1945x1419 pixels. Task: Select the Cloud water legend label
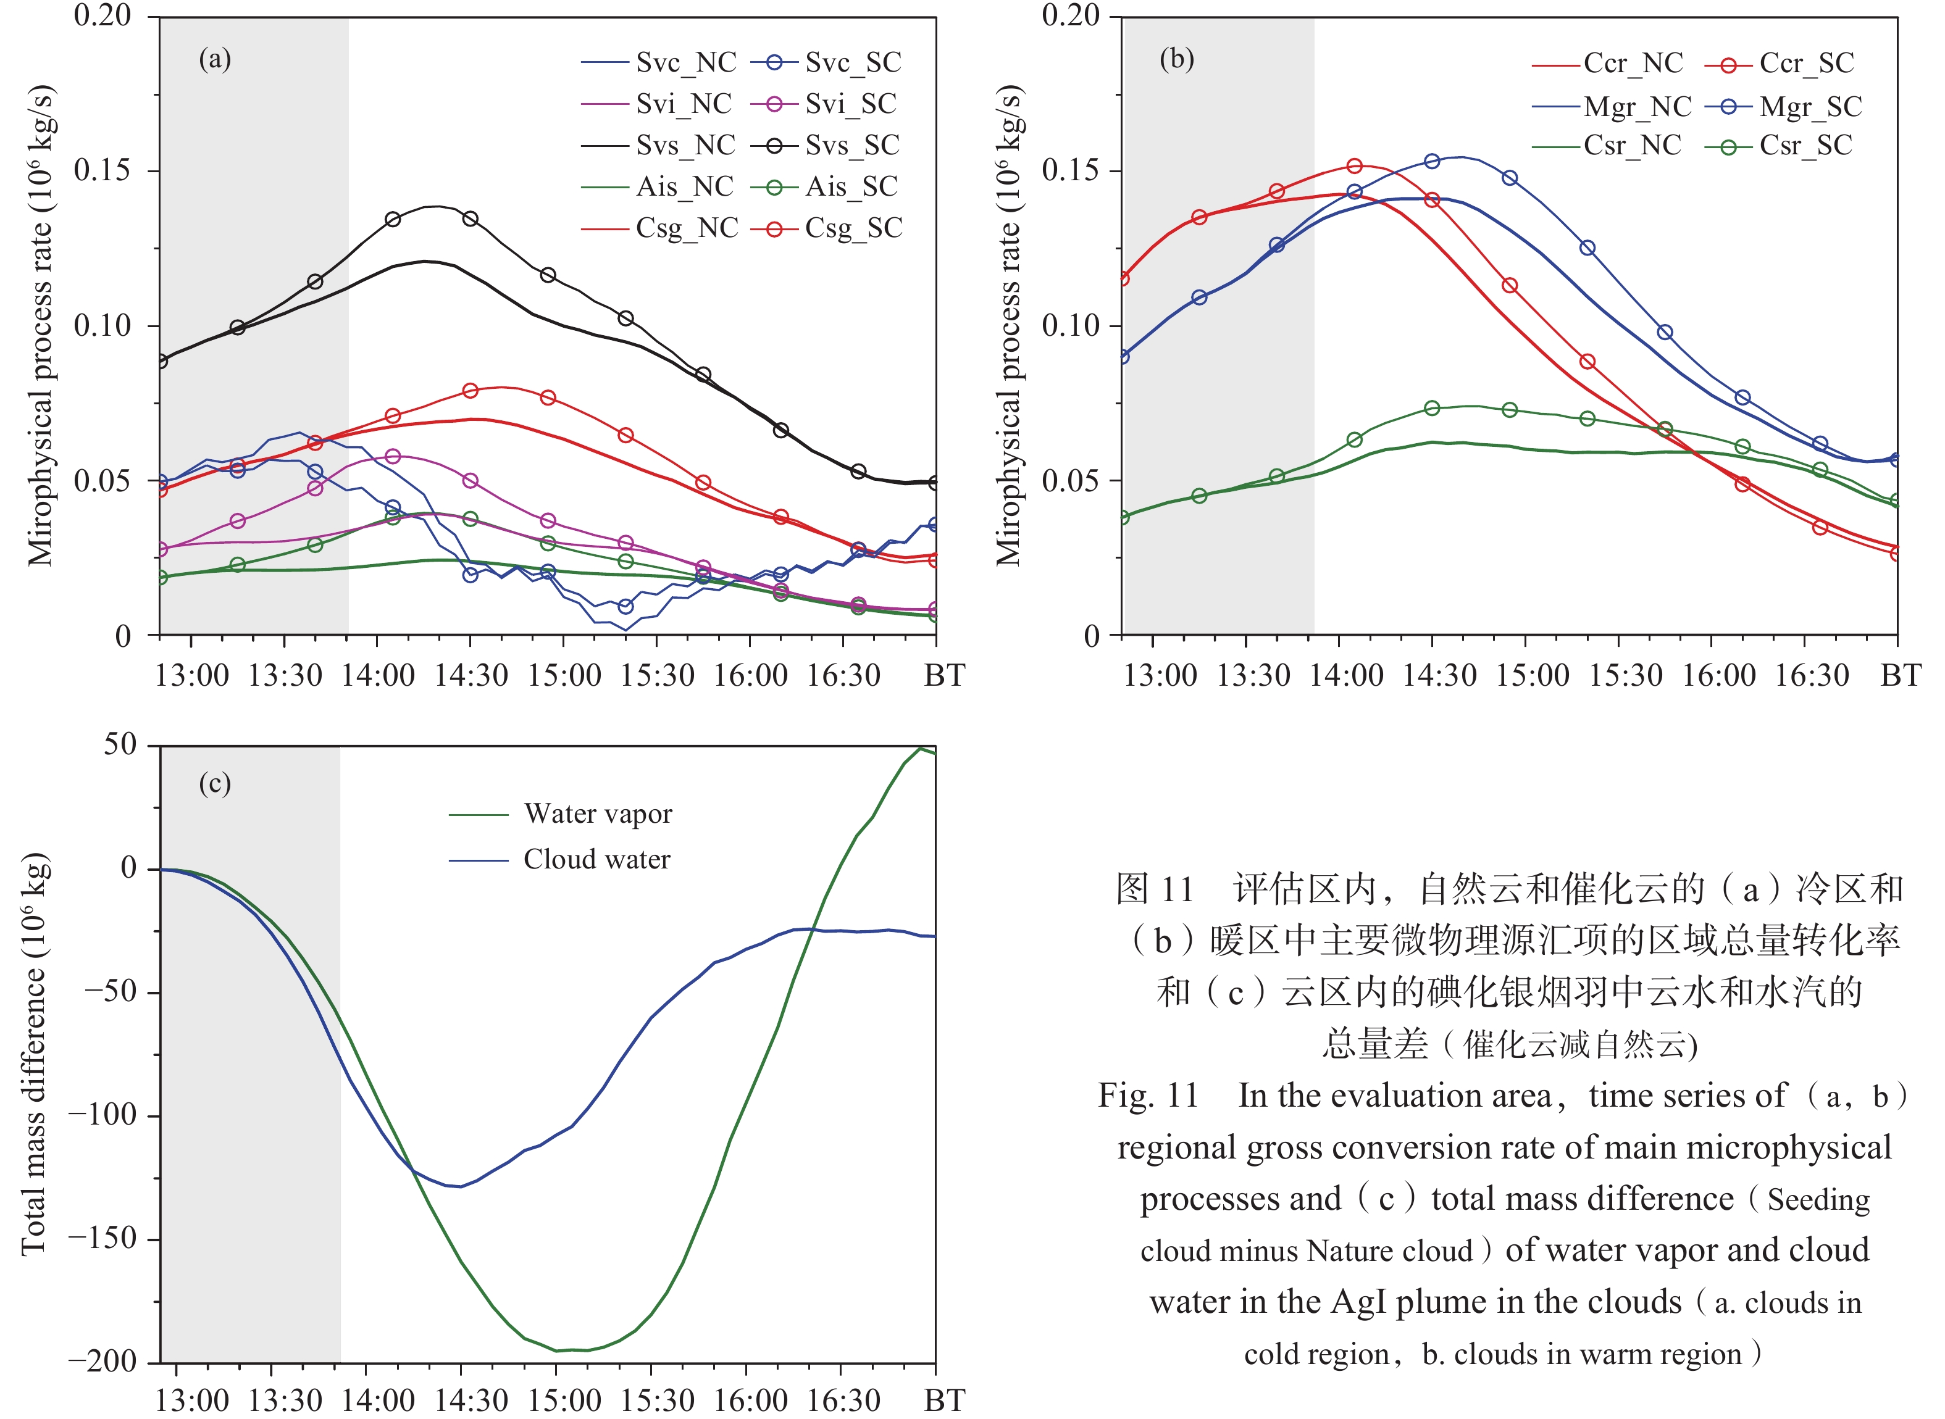[596, 859]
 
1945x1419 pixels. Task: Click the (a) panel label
[215, 59]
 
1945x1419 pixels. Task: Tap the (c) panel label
[215, 783]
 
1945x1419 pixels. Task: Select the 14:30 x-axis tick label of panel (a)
[470, 676]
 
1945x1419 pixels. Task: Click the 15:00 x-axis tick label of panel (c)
[564, 1400]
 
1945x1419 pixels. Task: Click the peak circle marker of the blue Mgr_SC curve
[1432, 162]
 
